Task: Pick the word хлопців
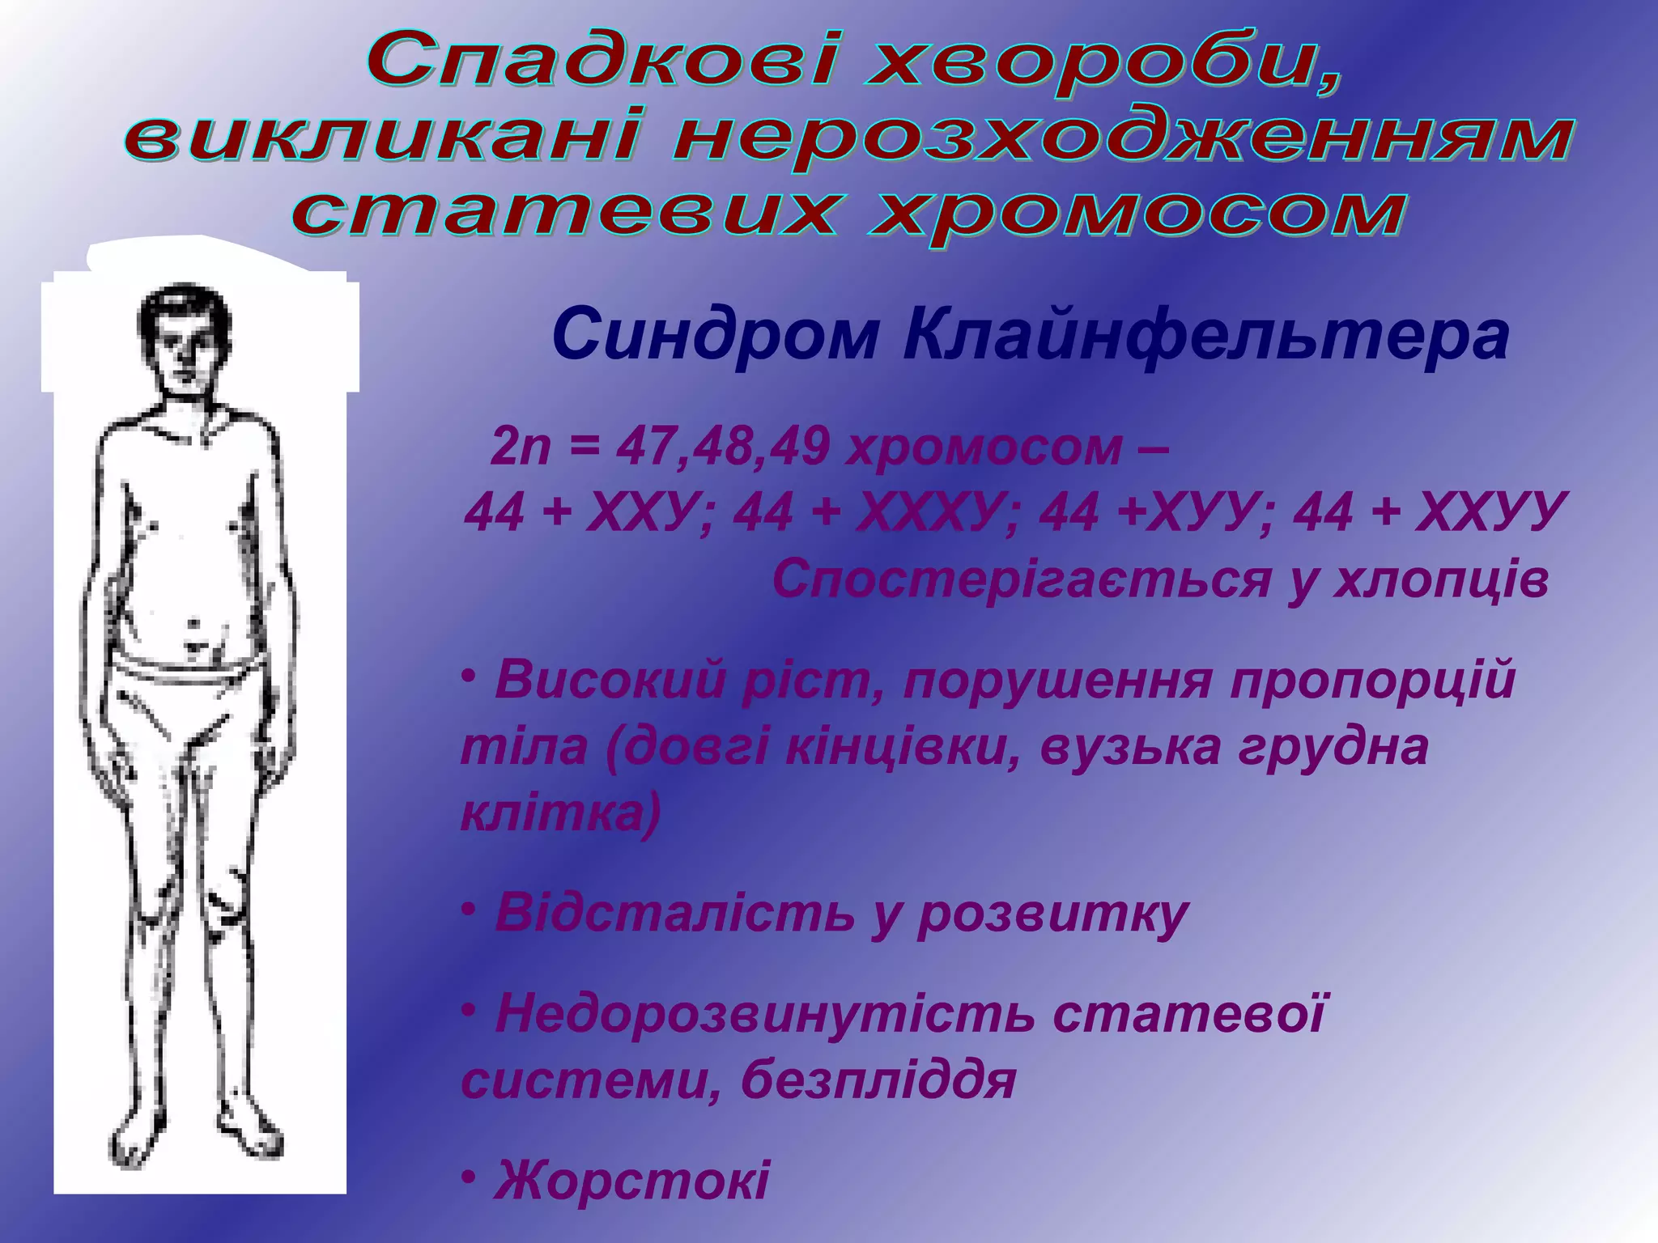coord(1441,579)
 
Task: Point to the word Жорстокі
coord(631,1179)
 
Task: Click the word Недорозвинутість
coord(764,1013)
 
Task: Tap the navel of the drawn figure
coord(193,624)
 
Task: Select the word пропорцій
coord(1371,680)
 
